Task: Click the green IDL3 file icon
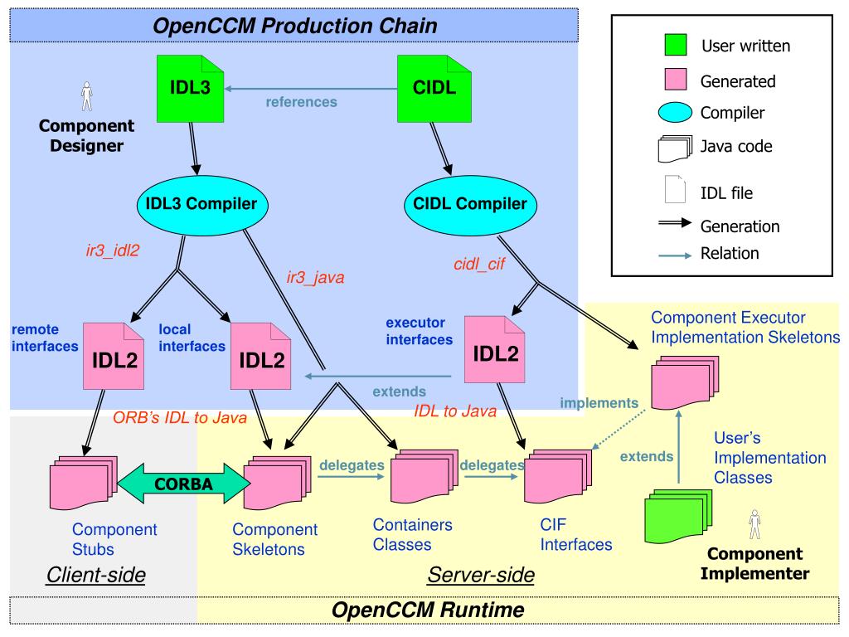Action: pos(190,88)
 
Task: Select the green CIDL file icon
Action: pos(434,88)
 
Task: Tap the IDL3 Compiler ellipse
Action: pos(202,205)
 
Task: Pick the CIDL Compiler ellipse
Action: pos(470,205)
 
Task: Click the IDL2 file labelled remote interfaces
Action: pos(113,356)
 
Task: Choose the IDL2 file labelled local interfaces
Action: pos(260,356)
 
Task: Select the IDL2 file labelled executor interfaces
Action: pos(494,349)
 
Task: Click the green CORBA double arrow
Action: pos(183,484)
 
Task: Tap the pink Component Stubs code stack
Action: pos(84,482)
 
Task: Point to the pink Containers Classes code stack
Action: pos(424,475)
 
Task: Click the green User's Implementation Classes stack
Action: pos(678,516)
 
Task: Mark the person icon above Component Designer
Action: pos(86,96)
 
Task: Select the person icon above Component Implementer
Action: pos(754,524)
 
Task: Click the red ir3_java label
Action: pos(315,277)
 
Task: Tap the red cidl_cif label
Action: pos(479,264)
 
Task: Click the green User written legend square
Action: pos(676,45)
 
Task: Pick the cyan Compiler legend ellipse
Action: pos(675,112)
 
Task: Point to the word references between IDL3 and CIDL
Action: pos(301,102)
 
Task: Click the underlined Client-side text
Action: pos(96,575)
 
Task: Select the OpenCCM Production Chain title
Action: pos(295,26)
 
